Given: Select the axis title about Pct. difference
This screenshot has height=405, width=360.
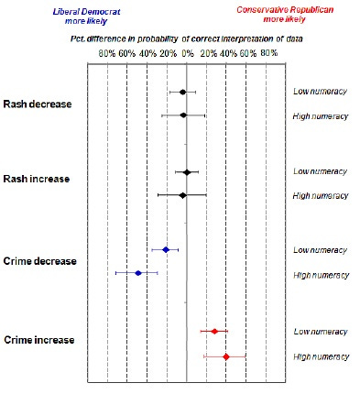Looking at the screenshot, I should tap(187, 41).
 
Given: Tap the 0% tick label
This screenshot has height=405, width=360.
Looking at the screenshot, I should tap(187, 55).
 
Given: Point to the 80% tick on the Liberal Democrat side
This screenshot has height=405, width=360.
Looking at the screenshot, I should tap(107, 55).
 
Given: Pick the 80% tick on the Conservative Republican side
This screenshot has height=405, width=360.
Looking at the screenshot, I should tap(267, 55).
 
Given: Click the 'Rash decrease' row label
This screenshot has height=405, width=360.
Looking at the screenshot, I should tap(38, 104).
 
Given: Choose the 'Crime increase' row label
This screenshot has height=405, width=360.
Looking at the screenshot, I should tap(39, 340).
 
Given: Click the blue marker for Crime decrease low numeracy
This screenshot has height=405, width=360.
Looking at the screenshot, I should tap(165, 249).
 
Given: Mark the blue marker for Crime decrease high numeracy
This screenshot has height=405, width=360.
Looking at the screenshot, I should tap(138, 273).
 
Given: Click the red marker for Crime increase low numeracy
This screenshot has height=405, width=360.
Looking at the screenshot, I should tap(214, 331).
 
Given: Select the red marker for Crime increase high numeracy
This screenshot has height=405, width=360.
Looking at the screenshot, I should tap(225, 356).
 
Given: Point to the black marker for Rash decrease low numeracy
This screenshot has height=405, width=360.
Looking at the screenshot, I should tap(182, 92).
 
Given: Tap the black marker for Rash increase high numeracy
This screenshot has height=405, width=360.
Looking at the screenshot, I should tap(182, 195).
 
